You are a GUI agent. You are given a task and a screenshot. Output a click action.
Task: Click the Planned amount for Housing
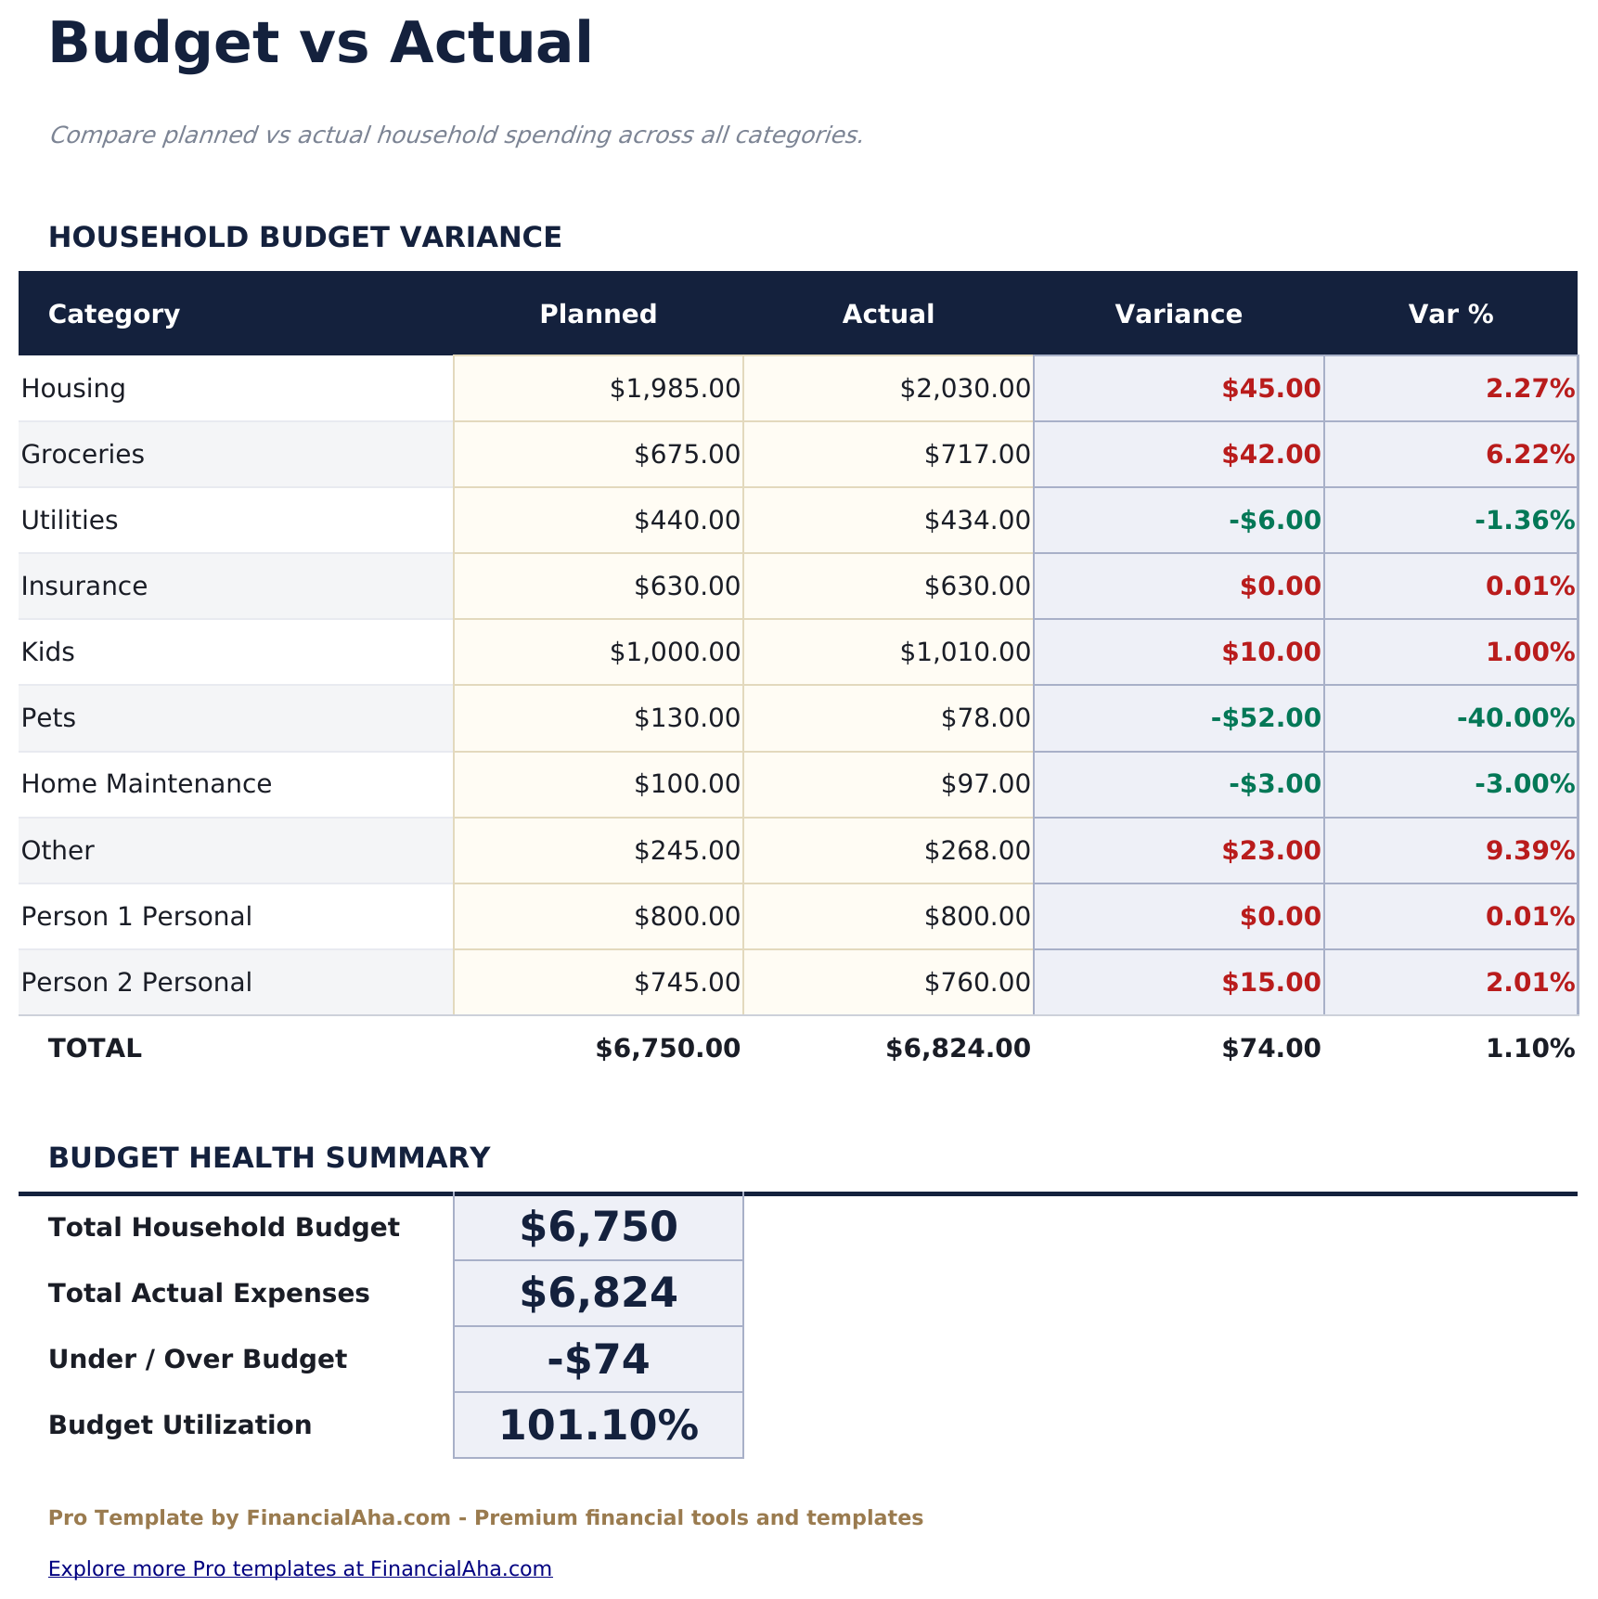(x=675, y=388)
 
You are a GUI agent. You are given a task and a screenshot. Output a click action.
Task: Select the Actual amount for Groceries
(x=976, y=454)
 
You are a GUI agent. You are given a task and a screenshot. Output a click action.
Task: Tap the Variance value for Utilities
(x=1274, y=520)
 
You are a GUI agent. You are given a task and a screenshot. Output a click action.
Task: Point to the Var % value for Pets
(x=1515, y=717)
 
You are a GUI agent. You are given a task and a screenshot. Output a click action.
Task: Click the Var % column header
(x=1450, y=314)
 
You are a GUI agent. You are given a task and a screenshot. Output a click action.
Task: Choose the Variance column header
(x=1178, y=314)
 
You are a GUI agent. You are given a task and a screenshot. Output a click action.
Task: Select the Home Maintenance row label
(x=147, y=784)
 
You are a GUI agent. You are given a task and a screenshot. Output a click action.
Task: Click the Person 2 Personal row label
(x=136, y=982)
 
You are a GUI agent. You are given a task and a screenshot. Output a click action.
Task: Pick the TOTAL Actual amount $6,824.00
(x=958, y=1049)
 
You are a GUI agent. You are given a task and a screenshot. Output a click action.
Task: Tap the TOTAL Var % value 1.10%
(x=1529, y=1049)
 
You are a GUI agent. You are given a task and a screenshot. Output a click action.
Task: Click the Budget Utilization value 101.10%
(x=599, y=1425)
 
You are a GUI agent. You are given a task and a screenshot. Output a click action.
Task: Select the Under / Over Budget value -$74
(x=599, y=1360)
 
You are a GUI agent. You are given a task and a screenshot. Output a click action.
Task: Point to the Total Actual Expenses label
(x=209, y=1294)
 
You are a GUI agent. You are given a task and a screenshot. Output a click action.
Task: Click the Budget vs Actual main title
(x=320, y=44)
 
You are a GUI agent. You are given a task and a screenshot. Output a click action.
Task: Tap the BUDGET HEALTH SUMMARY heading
(x=269, y=1158)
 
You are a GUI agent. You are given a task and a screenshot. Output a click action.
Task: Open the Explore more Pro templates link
(x=300, y=1568)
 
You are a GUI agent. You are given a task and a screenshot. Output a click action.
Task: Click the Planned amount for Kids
(x=675, y=651)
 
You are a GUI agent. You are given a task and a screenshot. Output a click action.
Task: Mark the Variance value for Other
(x=1270, y=850)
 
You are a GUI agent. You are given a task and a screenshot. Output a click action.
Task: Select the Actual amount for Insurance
(x=976, y=586)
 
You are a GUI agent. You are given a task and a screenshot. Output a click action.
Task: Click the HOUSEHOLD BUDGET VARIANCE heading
(x=304, y=238)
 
